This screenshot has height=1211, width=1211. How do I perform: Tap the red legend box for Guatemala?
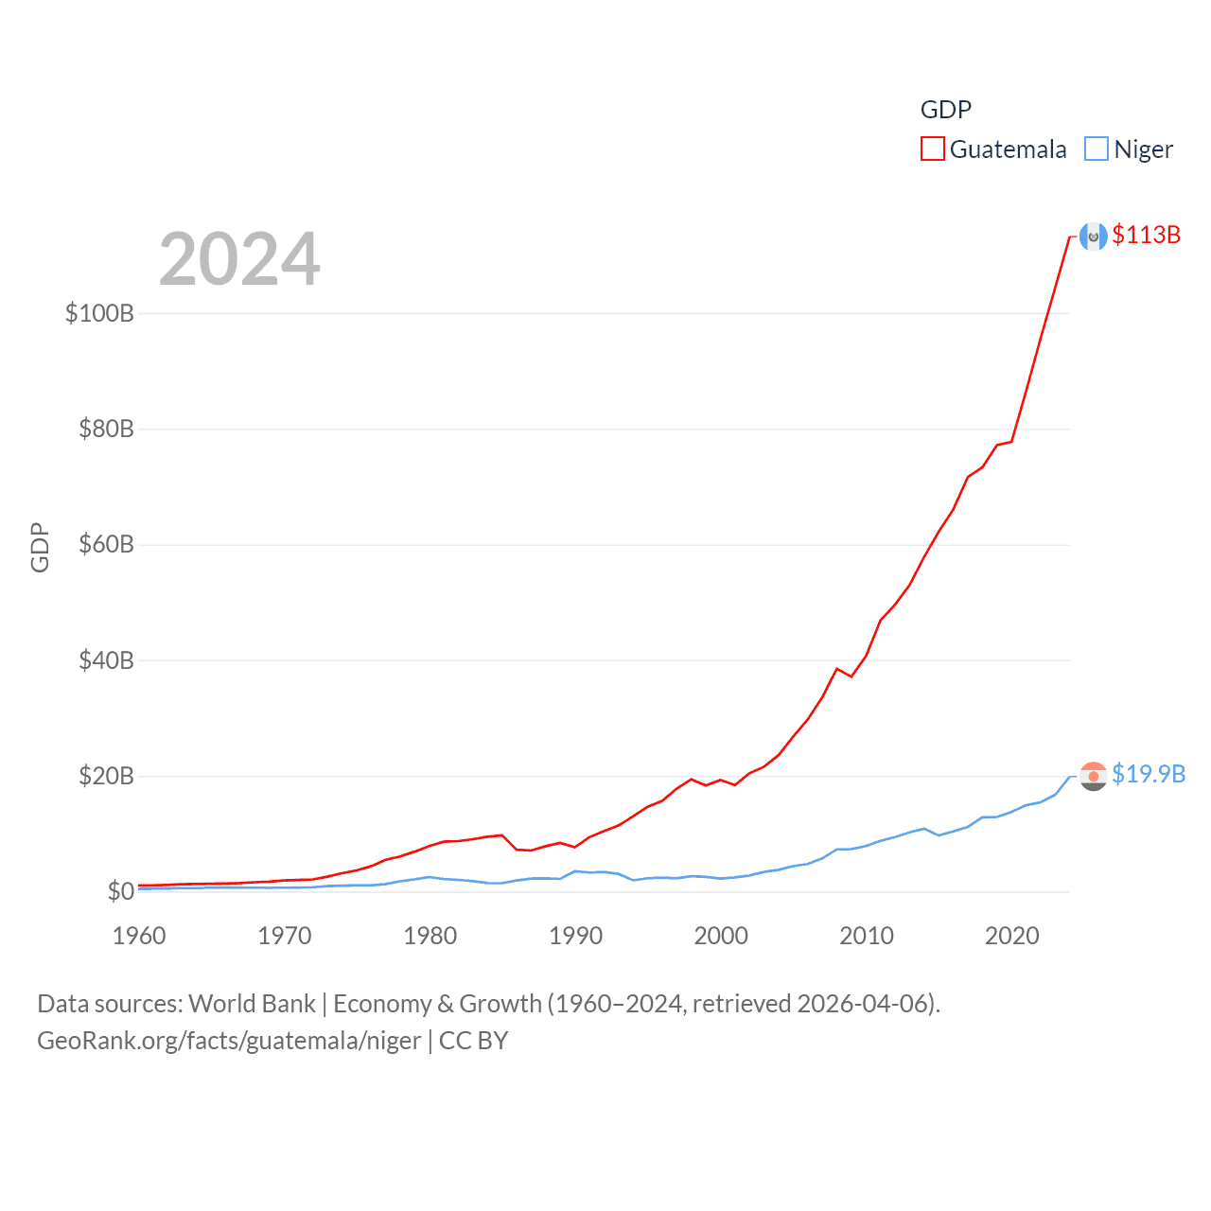(x=933, y=149)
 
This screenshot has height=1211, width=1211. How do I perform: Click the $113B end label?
(x=1147, y=235)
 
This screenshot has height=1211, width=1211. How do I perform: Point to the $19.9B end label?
(x=1149, y=774)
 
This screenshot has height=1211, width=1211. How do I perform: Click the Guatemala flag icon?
(x=1094, y=237)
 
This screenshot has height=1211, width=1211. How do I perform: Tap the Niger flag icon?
(x=1094, y=776)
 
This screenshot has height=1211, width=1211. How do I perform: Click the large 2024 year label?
(x=239, y=259)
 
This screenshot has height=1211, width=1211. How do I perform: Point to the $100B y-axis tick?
(x=99, y=313)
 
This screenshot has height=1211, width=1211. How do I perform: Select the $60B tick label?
(x=106, y=544)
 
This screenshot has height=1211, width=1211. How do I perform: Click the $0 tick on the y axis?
(x=120, y=891)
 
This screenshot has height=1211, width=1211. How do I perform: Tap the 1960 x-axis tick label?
(x=139, y=936)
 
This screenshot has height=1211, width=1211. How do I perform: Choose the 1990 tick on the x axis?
(x=575, y=936)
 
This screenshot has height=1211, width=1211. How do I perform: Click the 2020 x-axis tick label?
(x=1011, y=936)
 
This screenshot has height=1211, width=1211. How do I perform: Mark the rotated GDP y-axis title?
(x=40, y=547)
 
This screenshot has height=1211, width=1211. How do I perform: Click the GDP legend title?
(x=946, y=110)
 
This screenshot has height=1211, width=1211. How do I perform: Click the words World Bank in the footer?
(x=253, y=1003)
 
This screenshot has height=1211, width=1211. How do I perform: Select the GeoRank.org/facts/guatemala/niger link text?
(x=229, y=1041)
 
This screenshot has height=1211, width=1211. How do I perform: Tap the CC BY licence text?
(x=474, y=1041)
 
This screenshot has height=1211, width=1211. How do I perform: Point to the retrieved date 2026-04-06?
(x=865, y=1003)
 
